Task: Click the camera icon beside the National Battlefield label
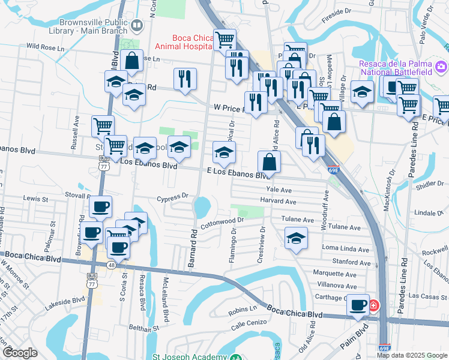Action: pyautogui.click(x=441, y=65)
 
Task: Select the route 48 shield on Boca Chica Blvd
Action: pyautogui.click(x=112, y=265)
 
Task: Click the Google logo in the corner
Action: pyautogui.click(x=20, y=353)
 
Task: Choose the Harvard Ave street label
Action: pyautogui.click(x=279, y=202)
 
